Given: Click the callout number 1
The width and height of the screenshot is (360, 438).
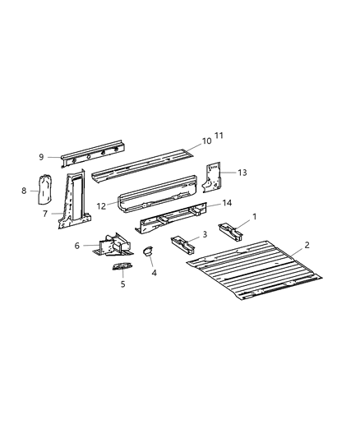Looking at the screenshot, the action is tap(254, 216).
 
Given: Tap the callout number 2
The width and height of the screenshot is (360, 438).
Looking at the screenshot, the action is tap(307, 245).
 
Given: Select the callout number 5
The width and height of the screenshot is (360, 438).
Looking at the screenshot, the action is tap(123, 284).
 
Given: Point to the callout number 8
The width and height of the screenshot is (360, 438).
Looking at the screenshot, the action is tap(24, 191).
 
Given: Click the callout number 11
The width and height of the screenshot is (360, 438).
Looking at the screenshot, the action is tap(219, 136).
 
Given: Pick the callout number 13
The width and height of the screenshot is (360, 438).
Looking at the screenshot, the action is tap(242, 173).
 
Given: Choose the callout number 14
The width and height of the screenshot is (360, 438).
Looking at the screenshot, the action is tap(227, 203).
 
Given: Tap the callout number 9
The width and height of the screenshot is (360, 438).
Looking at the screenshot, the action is tap(41, 157).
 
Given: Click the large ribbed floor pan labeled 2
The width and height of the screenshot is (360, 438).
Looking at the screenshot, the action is tap(254, 270).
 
